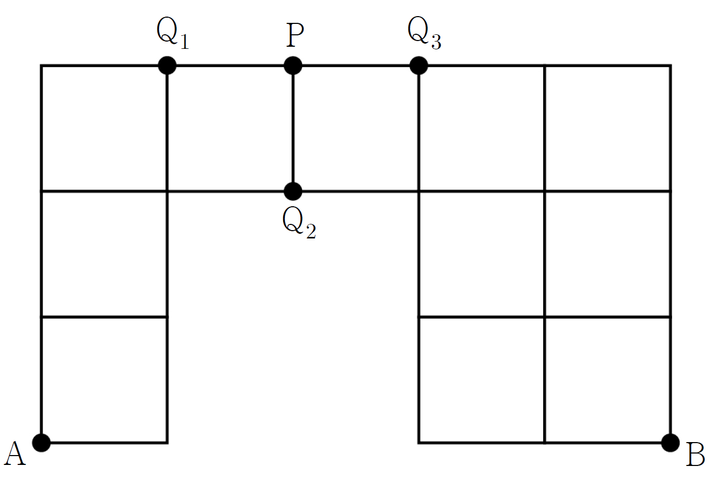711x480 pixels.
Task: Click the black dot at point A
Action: [41, 442]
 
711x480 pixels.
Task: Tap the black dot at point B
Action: [670, 442]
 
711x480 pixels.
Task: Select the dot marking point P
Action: [293, 65]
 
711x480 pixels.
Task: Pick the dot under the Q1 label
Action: [167, 65]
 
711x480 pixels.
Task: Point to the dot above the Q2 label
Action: [293, 191]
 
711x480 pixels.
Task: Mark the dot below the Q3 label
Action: [419, 65]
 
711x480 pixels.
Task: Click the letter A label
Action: [15, 454]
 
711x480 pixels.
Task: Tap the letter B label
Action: [695, 455]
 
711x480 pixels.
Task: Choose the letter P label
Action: [295, 35]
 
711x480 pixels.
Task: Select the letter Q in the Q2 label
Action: [293, 220]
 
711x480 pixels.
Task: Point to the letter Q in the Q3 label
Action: [418, 29]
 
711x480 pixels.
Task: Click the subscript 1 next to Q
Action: [185, 41]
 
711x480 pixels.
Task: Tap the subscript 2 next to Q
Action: [311, 231]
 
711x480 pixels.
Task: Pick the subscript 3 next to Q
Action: [436, 42]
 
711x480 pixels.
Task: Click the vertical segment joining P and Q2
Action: [293, 128]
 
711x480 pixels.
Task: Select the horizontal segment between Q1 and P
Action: [230, 65]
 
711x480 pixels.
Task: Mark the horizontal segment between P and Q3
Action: [356, 65]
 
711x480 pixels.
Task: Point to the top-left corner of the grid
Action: [41, 65]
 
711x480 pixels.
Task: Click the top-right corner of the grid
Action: [670, 65]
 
